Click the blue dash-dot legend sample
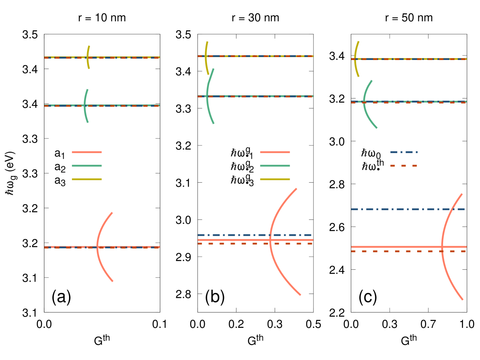coord(403,152)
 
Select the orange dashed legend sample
coord(403,166)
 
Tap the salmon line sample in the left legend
coord(87,152)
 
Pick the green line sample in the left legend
coord(87,166)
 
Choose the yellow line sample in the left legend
coord(87,179)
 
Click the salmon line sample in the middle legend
coord(275,152)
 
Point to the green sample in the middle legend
coord(275,166)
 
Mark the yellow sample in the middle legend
coord(275,179)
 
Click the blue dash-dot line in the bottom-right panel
coord(397,209)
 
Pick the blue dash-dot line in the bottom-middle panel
coord(231,235)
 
